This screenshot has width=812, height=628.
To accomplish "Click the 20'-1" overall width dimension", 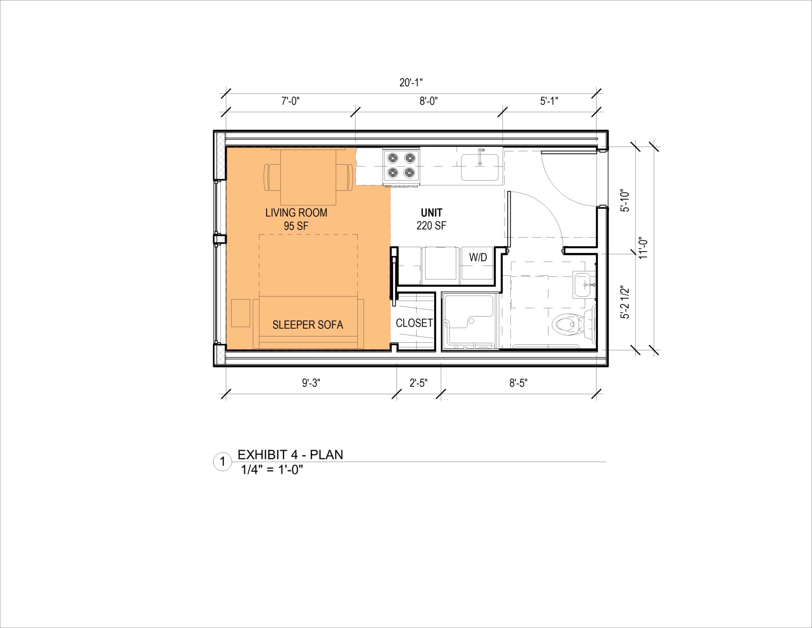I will tap(411, 83).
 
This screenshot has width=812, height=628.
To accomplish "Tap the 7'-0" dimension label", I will tap(290, 101).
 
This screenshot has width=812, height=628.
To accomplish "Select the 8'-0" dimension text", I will tap(428, 101).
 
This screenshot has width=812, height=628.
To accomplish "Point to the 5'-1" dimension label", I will tap(549, 101).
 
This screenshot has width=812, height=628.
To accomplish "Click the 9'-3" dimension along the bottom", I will tap(311, 383).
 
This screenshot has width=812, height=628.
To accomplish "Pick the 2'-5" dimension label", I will tap(418, 383).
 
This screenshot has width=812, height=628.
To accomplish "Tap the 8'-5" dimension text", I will tap(518, 383).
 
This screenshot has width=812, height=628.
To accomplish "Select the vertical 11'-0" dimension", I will tap(643, 248).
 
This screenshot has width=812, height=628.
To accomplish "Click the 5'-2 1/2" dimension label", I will tap(625, 302).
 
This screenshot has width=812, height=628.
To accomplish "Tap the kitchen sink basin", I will tap(480, 167).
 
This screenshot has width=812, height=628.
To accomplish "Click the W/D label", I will tap(478, 257).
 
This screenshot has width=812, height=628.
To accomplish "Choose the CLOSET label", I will tap(414, 323).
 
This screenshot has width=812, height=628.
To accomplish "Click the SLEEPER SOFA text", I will tap(308, 325).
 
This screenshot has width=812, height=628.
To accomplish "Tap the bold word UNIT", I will tap(431, 213).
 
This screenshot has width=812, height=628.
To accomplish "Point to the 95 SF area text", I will tap(296, 226).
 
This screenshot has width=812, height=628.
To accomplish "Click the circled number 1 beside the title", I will tap(223, 461).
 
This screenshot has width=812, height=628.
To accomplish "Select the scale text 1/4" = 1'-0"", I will tap(272, 470).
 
